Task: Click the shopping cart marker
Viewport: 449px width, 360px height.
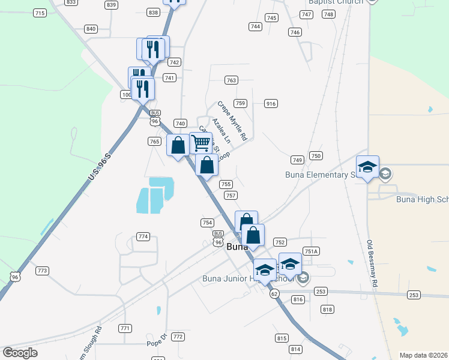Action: coord(200,143)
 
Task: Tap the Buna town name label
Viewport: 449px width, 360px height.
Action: coord(237,246)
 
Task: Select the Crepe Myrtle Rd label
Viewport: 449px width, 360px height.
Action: coord(232,121)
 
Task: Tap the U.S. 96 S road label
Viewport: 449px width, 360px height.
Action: coord(100,167)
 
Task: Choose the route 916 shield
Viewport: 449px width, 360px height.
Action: coord(271,104)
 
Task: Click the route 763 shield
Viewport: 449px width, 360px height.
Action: coord(231,80)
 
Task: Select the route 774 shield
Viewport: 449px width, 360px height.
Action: coord(143,236)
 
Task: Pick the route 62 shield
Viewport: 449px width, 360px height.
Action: coord(274,293)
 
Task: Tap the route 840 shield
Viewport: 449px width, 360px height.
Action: coord(91,29)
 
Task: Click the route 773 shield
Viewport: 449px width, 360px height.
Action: coord(41,271)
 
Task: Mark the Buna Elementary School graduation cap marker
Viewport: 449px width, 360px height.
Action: coord(367,167)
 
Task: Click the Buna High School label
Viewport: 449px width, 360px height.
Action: coord(422,200)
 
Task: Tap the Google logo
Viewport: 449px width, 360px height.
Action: coord(20,352)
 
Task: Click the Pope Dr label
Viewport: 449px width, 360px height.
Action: coord(155,344)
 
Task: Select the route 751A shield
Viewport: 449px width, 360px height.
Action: coord(310,251)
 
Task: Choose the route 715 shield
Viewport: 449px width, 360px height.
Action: coord(40,13)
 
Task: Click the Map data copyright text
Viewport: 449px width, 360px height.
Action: coord(423,355)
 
